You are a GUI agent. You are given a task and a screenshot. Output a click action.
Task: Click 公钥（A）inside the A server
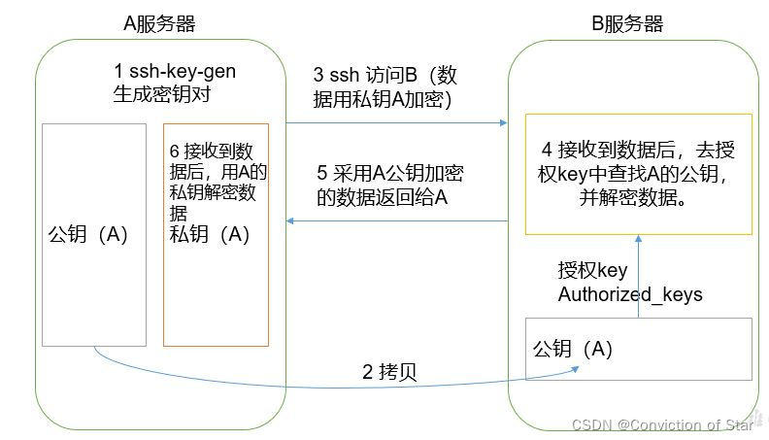click(x=87, y=235)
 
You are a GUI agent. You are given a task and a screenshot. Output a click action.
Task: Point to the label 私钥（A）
click(x=209, y=234)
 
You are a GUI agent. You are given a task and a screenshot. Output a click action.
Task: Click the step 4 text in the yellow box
click(x=638, y=172)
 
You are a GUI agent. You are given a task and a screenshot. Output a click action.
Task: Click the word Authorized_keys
click(x=629, y=294)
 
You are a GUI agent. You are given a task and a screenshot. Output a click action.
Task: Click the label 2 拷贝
click(x=389, y=372)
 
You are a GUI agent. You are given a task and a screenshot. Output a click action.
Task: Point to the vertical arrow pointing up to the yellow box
click(x=638, y=276)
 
